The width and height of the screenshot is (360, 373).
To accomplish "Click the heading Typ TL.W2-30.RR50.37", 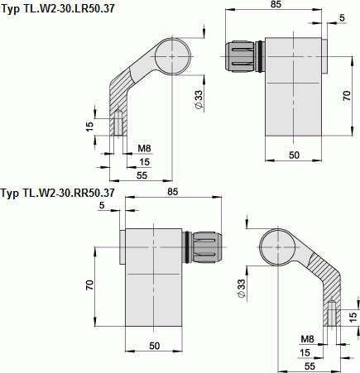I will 57,194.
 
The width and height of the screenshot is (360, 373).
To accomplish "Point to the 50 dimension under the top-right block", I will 294,155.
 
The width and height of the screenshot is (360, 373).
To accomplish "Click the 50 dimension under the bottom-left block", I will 154,345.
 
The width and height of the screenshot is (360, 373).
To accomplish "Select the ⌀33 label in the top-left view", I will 199,99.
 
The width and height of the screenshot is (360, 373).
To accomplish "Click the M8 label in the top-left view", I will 144,149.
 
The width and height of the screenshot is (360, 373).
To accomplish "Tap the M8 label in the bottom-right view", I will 306,339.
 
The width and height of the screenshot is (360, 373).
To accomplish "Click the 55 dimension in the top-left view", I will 142,175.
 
